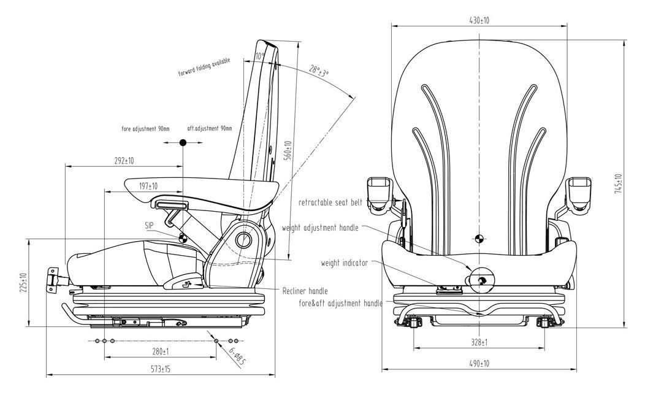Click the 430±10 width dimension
[x=479, y=20]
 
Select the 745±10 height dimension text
[x=619, y=183]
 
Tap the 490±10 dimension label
[x=479, y=363]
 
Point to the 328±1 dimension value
[x=479, y=342]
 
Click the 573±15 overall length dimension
[x=161, y=369]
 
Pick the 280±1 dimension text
[x=160, y=352]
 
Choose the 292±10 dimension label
[x=124, y=160]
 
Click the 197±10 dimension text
[x=148, y=187]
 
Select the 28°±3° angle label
[x=319, y=71]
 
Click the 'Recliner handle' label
[x=305, y=291]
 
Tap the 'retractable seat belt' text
[x=330, y=202]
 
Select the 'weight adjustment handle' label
[x=320, y=228]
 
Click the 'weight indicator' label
[x=345, y=263]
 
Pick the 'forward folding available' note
[x=204, y=67]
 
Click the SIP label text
[x=150, y=226]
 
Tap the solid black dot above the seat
[x=183, y=143]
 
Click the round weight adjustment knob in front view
[x=481, y=280]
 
